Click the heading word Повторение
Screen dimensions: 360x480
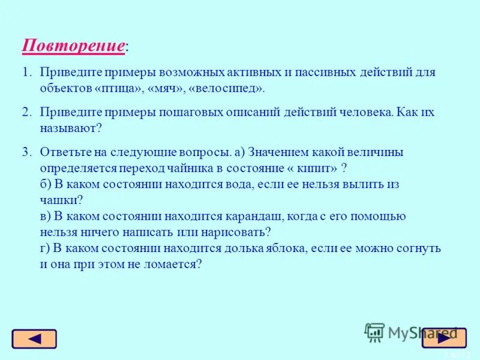(x=74, y=46)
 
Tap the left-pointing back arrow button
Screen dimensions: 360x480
(x=34, y=339)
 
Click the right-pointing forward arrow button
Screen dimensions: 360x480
(x=443, y=338)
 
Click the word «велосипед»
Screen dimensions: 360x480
(x=226, y=88)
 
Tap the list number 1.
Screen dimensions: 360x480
(x=26, y=73)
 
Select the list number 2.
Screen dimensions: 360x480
(x=26, y=112)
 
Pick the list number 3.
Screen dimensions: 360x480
(x=26, y=152)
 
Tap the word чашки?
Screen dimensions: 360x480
(x=61, y=200)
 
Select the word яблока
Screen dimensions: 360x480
(x=310, y=248)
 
